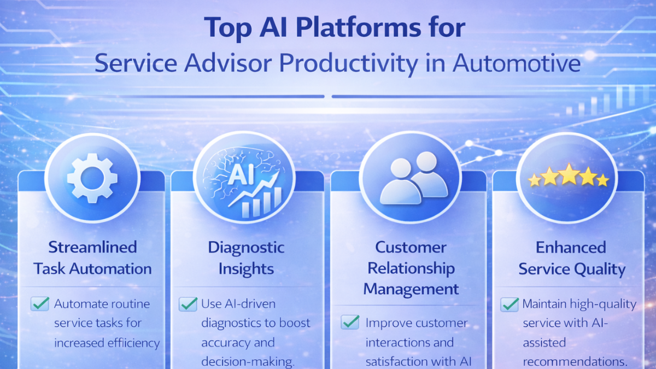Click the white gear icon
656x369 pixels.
(91, 179)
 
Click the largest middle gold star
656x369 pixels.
(568, 175)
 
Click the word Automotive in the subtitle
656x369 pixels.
(517, 64)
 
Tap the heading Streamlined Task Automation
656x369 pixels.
(92, 257)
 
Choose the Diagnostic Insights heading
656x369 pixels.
(246, 257)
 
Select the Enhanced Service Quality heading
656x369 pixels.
(571, 257)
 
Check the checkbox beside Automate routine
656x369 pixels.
(39, 304)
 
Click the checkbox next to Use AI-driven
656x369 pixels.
(188, 304)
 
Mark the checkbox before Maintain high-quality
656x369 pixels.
(509, 304)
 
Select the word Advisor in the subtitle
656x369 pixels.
(219, 64)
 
